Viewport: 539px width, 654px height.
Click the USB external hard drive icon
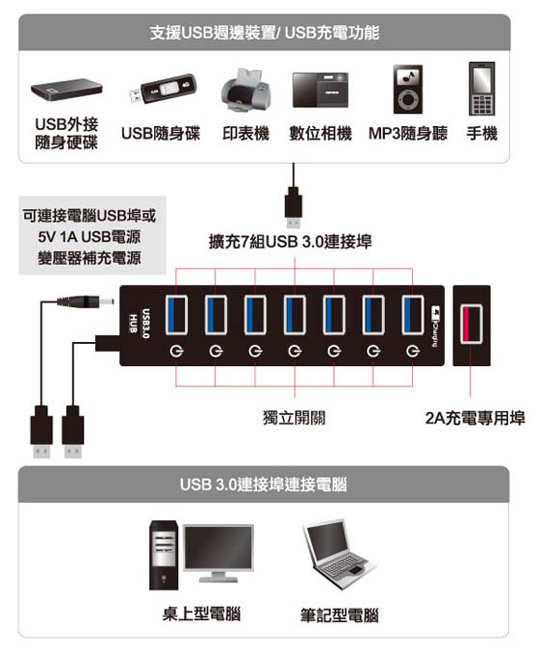pyautogui.click(x=66, y=89)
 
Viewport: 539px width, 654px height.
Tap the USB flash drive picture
pyautogui.click(x=162, y=89)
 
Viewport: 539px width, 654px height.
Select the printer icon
pyautogui.click(x=245, y=91)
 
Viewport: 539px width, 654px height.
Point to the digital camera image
pyautogui.click(x=321, y=91)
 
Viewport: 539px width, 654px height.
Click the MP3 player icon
pyautogui.click(x=408, y=90)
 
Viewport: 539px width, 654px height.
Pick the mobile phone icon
pyautogui.click(x=481, y=89)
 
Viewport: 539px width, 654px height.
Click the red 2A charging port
pyautogui.click(x=471, y=324)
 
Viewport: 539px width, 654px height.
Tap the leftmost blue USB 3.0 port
pyautogui.click(x=176, y=315)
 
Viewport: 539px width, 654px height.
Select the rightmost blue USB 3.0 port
pyautogui.click(x=413, y=315)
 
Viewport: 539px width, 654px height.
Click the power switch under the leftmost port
pyautogui.click(x=176, y=352)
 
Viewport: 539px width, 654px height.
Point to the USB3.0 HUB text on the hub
pyautogui.click(x=140, y=324)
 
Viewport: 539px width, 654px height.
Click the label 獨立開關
pyautogui.click(x=295, y=417)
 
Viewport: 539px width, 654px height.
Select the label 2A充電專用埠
pyautogui.click(x=475, y=418)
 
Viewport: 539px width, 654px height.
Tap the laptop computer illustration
pyautogui.click(x=338, y=553)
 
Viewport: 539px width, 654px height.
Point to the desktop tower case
pyautogui.click(x=165, y=555)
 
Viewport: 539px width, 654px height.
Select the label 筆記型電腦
pyautogui.click(x=340, y=615)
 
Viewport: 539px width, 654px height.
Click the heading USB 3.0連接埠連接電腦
pyautogui.click(x=264, y=484)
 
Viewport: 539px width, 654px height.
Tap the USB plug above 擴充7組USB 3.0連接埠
pyautogui.click(x=294, y=207)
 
